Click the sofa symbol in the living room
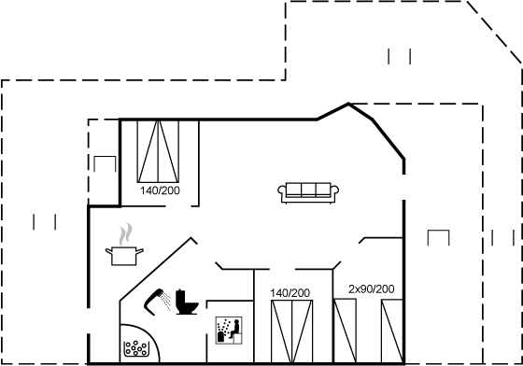point(308,192)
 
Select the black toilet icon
point(187,302)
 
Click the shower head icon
point(154,302)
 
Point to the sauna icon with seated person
point(229,331)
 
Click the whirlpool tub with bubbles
point(139,344)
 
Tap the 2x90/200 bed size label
point(372,289)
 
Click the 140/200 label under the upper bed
point(160,190)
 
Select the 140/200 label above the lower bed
point(290,293)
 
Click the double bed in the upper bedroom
point(158,151)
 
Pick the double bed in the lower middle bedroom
point(291,331)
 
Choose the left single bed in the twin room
point(346,331)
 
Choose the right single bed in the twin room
point(392,331)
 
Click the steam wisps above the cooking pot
point(126,233)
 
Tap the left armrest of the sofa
point(282,190)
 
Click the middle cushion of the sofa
point(308,189)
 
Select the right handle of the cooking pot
point(140,250)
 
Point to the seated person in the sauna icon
point(235,329)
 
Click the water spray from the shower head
point(165,301)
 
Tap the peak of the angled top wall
point(349,104)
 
